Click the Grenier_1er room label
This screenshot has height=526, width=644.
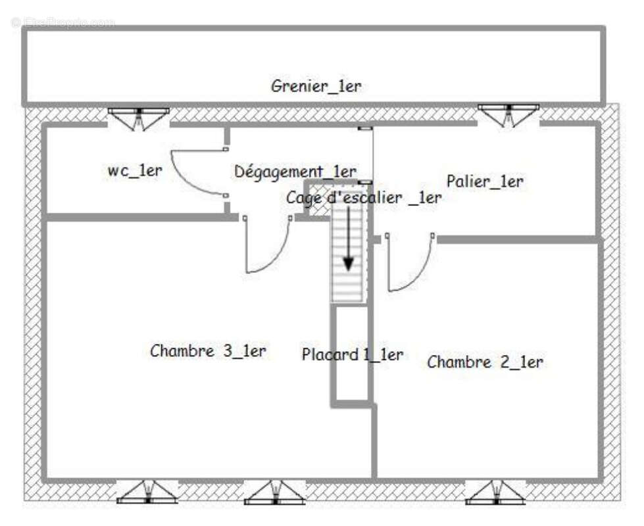[x=316, y=85]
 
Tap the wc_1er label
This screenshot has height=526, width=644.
[x=135, y=170]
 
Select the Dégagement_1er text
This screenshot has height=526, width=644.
[x=295, y=172]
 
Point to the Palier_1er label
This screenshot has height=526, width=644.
[x=485, y=181]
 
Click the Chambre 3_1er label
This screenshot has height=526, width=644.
[x=208, y=350]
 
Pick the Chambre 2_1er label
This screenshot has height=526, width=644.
[x=485, y=362]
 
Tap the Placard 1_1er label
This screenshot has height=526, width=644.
[x=352, y=354]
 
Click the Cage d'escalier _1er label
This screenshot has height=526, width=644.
[x=363, y=198]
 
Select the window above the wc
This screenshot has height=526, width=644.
[x=138, y=117]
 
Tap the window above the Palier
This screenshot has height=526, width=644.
[x=508, y=113]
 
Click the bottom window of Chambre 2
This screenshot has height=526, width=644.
[x=495, y=492]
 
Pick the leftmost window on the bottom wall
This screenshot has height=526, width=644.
[x=147, y=492]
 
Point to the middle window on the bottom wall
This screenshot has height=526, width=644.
[x=274, y=492]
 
